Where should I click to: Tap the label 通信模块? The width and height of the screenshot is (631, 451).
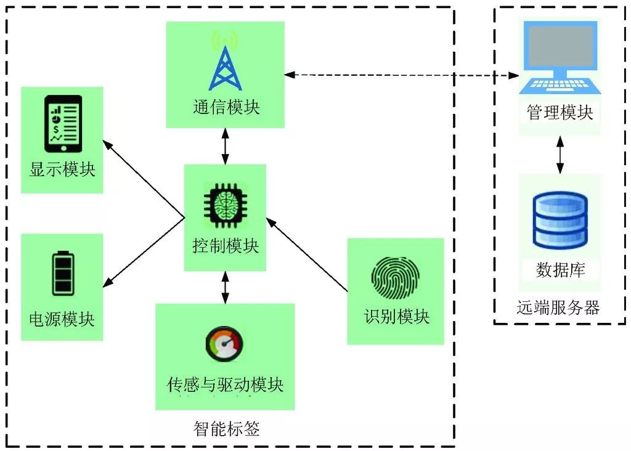(x=226, y=107)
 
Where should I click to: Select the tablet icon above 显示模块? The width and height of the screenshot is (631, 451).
(x=63, y=123)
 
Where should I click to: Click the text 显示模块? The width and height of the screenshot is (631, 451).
(x=62, y=169)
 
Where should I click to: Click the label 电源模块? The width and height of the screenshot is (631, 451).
(x=62, y=319)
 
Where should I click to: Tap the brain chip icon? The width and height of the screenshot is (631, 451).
(x=225, y=205)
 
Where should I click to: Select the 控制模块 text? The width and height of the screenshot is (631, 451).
(x=225, y=246)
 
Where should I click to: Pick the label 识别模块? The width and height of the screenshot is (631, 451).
(x=396, y=317)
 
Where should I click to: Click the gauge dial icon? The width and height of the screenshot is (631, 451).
(x=224, y=346)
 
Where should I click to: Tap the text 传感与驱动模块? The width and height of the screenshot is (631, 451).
(x=225, y=385)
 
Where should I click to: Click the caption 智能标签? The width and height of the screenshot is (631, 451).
(x=226, y=429)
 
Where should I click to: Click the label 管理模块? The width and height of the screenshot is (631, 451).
(x=560, y=113)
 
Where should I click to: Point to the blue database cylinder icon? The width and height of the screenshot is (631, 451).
(x=560, y=221)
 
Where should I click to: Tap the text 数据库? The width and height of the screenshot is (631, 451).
(x=560, y=270)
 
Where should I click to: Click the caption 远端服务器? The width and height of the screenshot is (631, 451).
(x=558, y=307)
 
